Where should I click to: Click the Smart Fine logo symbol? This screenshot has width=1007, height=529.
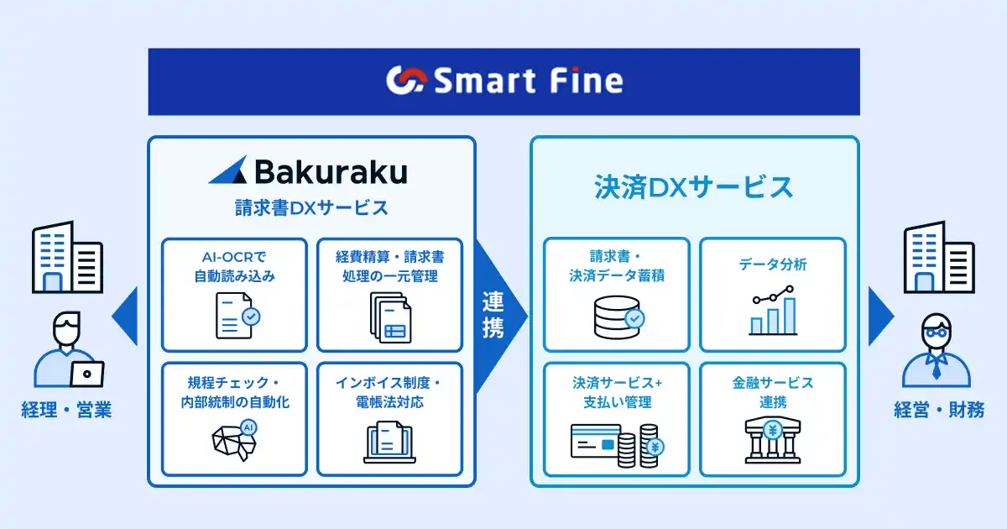pyautogui.click(x=406, y=81)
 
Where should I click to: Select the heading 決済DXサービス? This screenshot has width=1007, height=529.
pyautogui.click(x=694, y=187)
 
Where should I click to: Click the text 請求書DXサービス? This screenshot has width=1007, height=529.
pyautogui.click(x=311, y=208)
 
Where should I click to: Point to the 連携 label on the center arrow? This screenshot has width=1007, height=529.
pyautogui.click(x=493, y=314)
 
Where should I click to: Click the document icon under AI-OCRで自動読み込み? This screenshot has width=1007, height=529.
pyautogui.click(x=237, y=316)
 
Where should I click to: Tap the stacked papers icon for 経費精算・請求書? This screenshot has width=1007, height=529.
pyautogui.click(x=390, y=317)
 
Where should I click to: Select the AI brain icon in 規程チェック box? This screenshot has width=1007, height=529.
pyautogui.click(x=235, y=440)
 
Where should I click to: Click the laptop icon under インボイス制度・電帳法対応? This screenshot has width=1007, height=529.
pyautogui.click(x=389, y=443)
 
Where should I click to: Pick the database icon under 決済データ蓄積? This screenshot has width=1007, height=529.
pyautogui.click(x=619, y=317)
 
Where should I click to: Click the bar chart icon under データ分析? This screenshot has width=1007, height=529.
pyautogui.click(x=773, y=311)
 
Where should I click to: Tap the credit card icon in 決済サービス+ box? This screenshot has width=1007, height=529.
pyautogui.click(x=594, y=442)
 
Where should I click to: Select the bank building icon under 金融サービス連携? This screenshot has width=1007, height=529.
pyautogui.click(x=773, y=440)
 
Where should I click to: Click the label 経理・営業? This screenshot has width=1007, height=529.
pyautogui.click(x=66, y=410)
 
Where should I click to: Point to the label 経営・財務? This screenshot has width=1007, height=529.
pyautogui.click(x=939, y=410)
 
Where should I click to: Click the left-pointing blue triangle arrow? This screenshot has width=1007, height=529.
pyautogui.click(x=124, y=317)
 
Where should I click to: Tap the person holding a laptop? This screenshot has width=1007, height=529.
pyautogui.click(x=69, y=349)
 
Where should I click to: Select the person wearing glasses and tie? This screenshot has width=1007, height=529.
pyautogui.click(x=937, y=350)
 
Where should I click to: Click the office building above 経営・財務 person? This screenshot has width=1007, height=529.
pyautogui.click(x=939, y=257)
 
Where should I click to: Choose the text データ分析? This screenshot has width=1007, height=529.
pyautogui.click(x=773, y=264)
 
